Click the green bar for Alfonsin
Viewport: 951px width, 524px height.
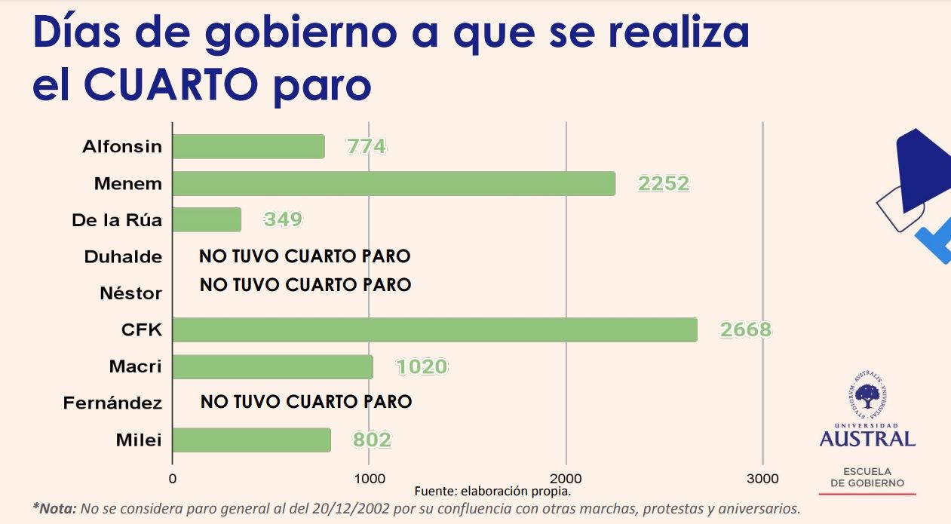(x=248, y=146)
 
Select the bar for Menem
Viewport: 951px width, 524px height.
(x=394, y=183)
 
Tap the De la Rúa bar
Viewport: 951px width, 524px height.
(x=207, y=220)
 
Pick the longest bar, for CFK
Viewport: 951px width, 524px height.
(x=434, y=330)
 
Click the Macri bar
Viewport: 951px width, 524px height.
(x=272, y=367)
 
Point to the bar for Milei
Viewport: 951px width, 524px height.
(x=251, y=440)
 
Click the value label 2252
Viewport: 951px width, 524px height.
(x=664, y=183)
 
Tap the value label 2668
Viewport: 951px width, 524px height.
(x=745, y=330)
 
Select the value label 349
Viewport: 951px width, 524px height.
(x=283, y=220)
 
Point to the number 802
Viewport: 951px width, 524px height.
(x=372, y=440)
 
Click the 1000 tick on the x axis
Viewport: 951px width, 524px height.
(x=369, y=479)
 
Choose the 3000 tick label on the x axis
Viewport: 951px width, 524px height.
(x=762, y=479)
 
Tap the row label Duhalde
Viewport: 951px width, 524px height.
(x=123, y=257)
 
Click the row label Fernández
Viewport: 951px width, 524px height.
(x=112, y=404)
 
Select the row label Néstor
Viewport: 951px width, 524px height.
(x=130, y=293)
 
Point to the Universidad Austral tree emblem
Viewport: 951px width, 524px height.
(x=867, y=397)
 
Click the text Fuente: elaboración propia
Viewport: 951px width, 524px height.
(x=492, y=491)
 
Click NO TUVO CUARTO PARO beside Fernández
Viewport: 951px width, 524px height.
(x=306, y=402)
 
